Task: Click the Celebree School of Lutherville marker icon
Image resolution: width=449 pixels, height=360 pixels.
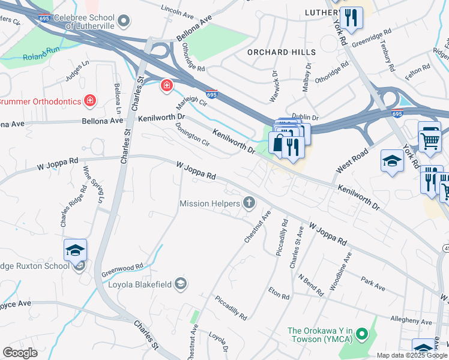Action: [x=124, y=22]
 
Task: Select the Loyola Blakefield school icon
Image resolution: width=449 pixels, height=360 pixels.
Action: [x=181, y=284]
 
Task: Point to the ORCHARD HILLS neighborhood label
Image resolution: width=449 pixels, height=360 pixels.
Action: [x=277, y=52]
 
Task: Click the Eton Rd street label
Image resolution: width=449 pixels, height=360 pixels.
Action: [x=279, y=293]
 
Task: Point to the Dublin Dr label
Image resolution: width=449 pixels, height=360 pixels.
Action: [x=304, y=118]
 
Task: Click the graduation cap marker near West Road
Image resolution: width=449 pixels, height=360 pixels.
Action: [x=392, y=161]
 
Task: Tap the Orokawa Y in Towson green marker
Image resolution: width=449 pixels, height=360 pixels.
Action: [x=361, y=332]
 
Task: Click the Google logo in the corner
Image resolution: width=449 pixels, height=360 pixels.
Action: [x=20, y=352]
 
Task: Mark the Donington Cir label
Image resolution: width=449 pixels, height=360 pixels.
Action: [x=192, y=136]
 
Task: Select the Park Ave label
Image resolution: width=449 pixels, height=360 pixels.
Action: [x=373, y=284]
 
